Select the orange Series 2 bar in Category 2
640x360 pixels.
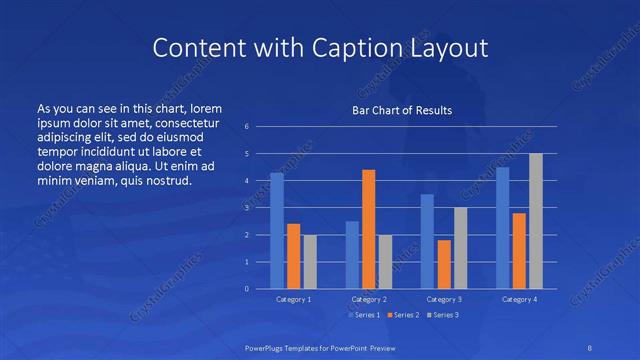[x=368, y=229]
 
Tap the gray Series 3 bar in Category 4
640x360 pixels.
[x=536, y=221]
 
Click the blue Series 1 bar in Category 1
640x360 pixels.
[x=277, y=231]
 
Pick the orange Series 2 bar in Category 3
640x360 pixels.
[x=444, y=264]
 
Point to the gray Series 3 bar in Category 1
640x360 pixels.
[x=310, y=262]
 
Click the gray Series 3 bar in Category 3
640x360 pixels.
[x=460, y=248]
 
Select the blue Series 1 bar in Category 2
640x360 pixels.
[x=352, y=255]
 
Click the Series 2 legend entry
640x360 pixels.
[x=402, y=316]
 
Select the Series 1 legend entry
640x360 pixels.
[x=364, y=316]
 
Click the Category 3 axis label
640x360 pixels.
[x=443, y=299]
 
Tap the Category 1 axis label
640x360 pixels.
[x=293, y=299]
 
